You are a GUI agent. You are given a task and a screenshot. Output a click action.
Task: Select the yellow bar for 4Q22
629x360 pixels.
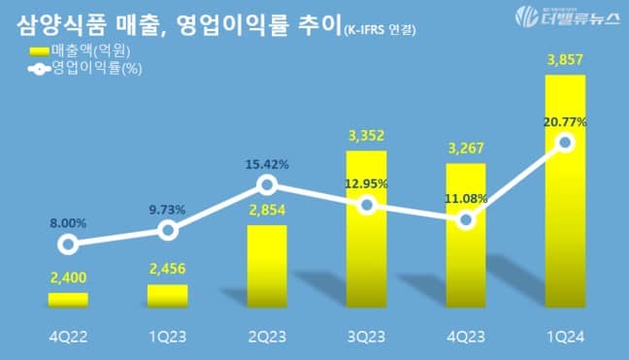click(x=68, y=300)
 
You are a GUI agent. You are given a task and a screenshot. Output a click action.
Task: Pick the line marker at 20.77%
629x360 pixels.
click(x=566, y=143)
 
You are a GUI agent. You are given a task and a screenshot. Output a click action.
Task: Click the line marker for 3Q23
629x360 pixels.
click(x=366, y=205)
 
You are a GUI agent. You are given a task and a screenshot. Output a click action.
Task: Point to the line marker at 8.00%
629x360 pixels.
click(x=67, y=245)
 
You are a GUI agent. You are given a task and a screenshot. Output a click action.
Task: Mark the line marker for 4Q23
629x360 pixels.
click(x=466, y=219)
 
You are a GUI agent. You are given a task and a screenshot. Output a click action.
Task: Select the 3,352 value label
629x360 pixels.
click(x=366, y=137)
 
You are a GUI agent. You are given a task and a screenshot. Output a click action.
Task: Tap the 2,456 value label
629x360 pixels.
click(x=167, y=270)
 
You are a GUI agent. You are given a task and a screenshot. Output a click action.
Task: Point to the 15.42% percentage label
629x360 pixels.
click(x=267, y=164)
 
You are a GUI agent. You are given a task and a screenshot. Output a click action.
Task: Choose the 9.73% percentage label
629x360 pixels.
click(x=167, y=209)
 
